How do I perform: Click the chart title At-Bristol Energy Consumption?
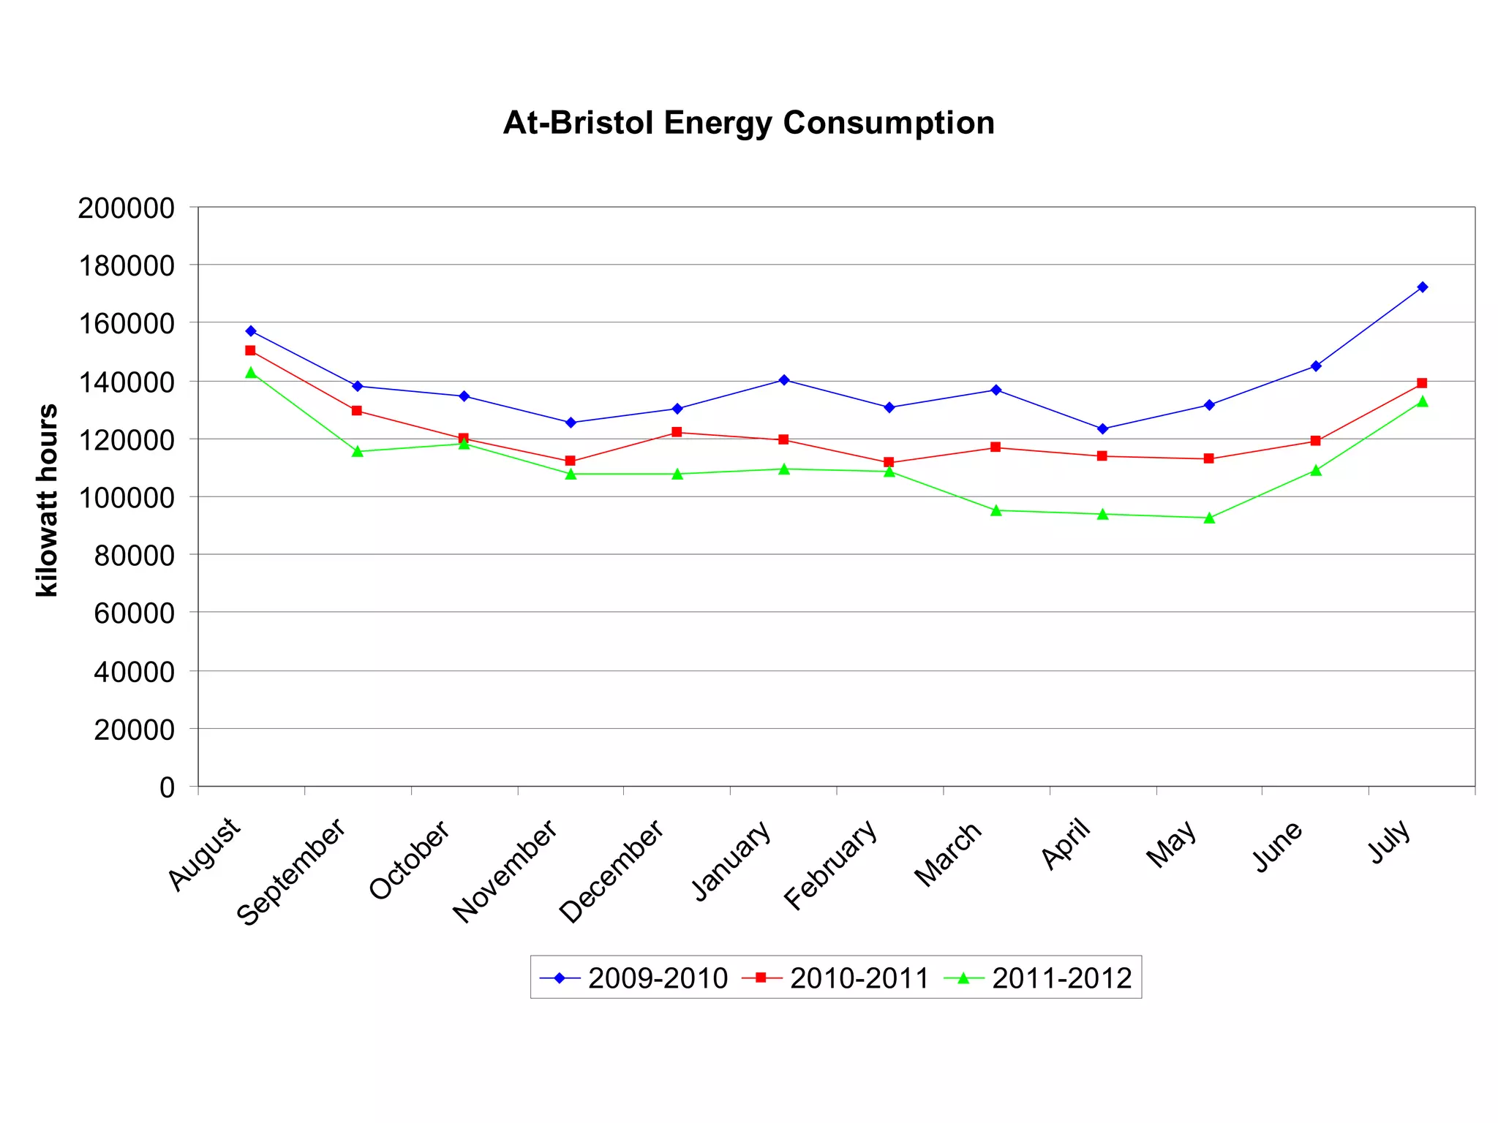tap(748, 123)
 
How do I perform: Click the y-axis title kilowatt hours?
tap(48, 500)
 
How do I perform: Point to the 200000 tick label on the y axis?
tap(127, 208)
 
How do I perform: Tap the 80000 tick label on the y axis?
tap(135, 556)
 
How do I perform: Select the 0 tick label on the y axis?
tap(168, 787)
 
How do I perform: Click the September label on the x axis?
tap(291, 871)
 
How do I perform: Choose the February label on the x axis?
tap(831, 865)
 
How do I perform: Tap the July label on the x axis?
tap(1390, 841)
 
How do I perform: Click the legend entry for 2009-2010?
tap(633, 978)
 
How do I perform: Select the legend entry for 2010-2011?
tap(835, 978)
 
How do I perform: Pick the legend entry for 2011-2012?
tap(1038, 978)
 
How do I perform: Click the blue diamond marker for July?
tap(1422, 287)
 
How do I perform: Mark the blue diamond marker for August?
tap(251, 331)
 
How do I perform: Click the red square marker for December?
tap(677, 432)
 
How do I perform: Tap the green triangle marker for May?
tap(1209, 518)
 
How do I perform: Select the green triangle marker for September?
tap(358, 452)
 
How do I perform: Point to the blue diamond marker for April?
tap(1103, 429)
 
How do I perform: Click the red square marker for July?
tap(1422, 383)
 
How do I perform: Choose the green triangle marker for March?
tap(996, 510)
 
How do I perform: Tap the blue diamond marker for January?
tap(783, 380)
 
